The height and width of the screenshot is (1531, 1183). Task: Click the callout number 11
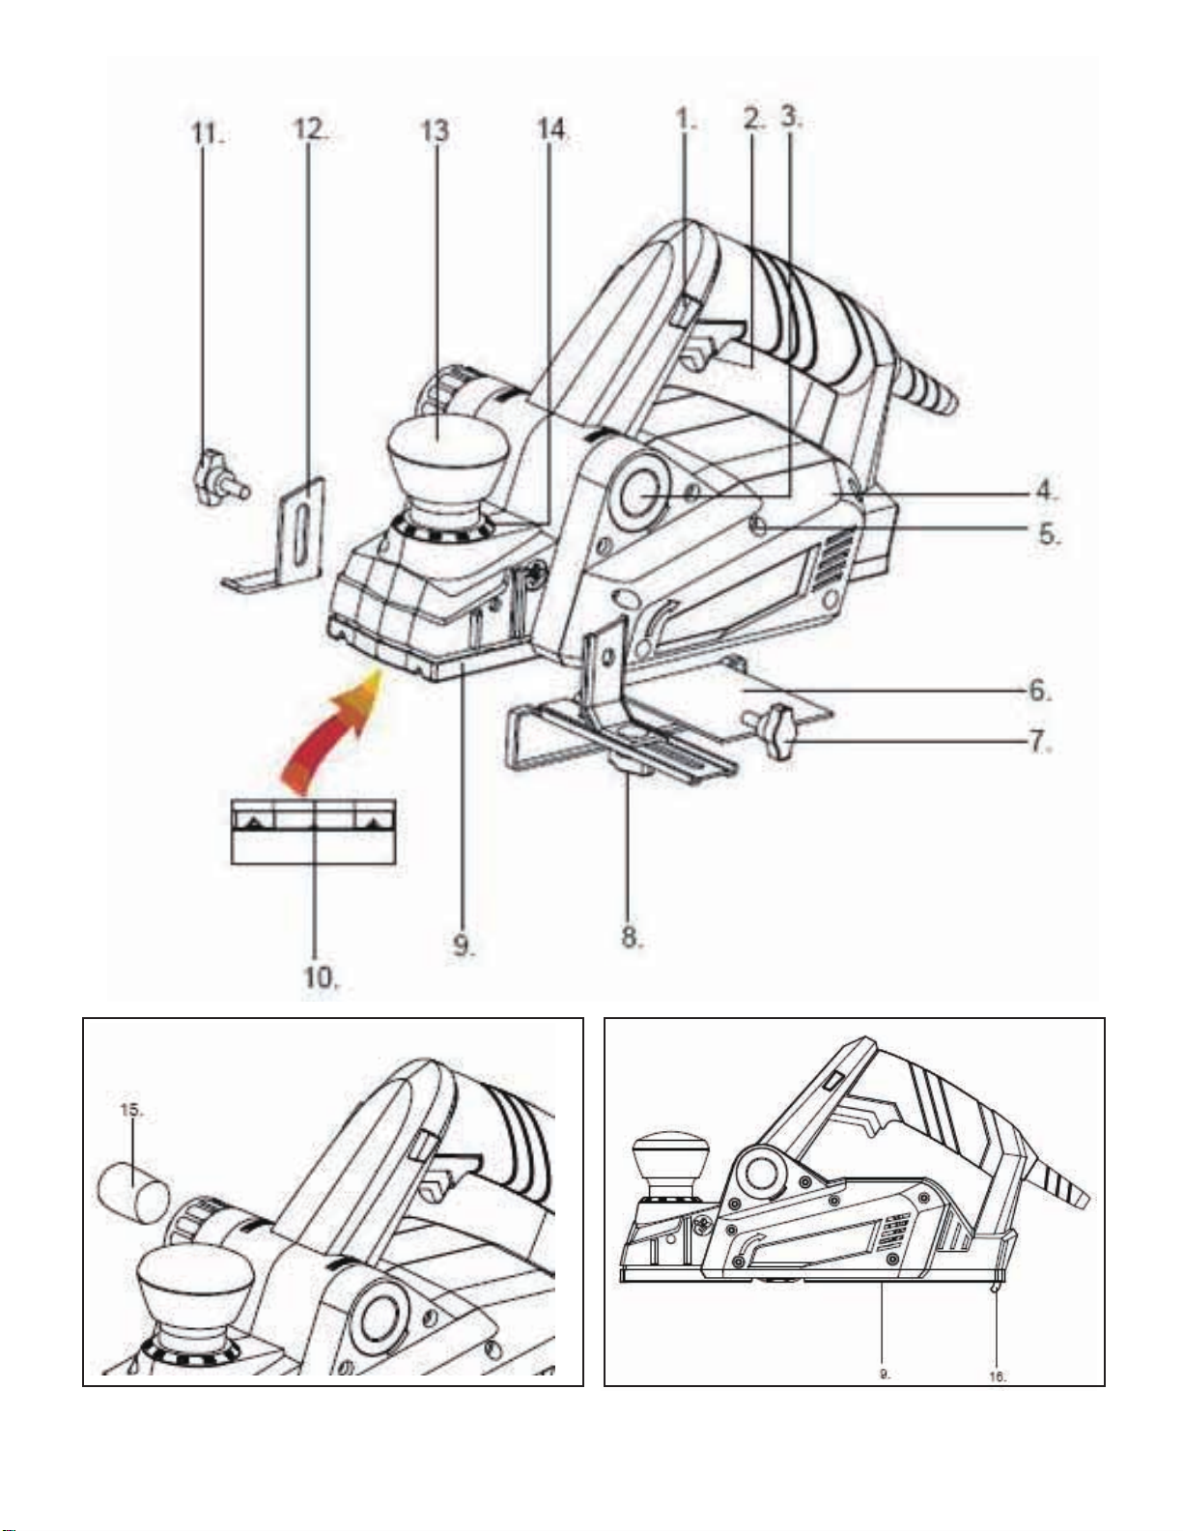(206, 132)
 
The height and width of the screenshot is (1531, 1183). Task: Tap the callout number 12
(310, 130)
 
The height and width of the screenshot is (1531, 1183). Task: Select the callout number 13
(435, 130)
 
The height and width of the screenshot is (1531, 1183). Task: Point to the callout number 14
(551, 130)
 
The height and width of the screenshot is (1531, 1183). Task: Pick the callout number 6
(1038, 692)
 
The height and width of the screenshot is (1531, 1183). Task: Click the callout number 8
(632, 937)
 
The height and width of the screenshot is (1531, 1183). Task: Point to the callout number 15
(132, 1111)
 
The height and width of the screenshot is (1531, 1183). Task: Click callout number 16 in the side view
(998, 1376)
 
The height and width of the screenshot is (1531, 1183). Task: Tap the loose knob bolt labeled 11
(218, 477)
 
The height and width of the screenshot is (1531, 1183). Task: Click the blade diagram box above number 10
(313, 832)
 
